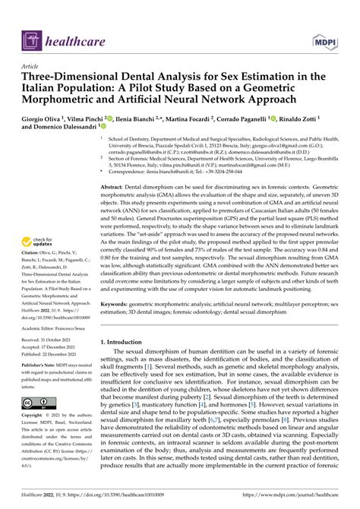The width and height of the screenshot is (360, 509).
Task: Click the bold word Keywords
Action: point(125,302)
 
